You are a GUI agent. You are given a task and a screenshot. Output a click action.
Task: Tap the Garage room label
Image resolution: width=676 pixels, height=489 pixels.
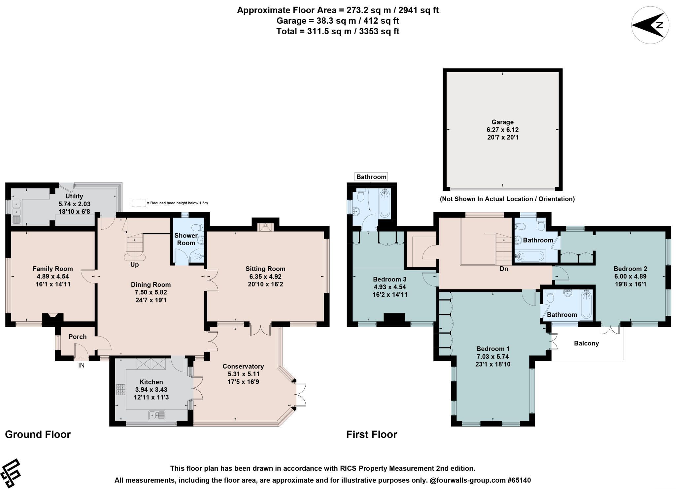click(503, 122)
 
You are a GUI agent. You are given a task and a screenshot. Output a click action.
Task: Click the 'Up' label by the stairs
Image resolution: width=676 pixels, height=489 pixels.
click(135, 265)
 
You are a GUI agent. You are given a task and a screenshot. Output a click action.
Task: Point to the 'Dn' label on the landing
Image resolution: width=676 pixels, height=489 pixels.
click(504, 269)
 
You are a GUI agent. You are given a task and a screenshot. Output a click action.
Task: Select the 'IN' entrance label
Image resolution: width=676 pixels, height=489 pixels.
click(81, 365)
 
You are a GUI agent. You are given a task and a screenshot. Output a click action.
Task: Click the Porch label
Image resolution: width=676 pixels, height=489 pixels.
click(78, 337)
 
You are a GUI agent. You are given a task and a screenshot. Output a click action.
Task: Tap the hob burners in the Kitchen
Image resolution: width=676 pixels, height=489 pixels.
click(120, 389)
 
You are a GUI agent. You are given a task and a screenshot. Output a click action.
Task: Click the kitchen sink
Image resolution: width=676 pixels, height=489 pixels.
click(157, 415)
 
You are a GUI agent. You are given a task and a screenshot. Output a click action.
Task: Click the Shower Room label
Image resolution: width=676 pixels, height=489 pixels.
click(186, 239)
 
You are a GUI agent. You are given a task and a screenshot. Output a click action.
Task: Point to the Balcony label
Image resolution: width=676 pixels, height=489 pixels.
click(587, 343)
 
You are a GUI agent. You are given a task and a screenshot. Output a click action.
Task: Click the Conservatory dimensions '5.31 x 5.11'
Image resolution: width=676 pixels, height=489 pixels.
click(243, 374)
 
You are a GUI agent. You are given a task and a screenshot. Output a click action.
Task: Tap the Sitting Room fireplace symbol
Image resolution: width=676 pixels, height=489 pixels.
click(265, 227)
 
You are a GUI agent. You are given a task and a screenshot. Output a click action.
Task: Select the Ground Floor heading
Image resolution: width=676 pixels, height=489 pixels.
click(38, 435)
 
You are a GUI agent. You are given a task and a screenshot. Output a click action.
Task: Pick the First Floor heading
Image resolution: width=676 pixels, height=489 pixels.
click(372, 435)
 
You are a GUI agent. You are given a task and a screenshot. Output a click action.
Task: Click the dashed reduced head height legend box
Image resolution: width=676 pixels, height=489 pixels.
click(139, 203)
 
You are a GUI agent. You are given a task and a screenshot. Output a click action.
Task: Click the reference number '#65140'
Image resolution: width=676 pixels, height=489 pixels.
click(519, 480)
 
